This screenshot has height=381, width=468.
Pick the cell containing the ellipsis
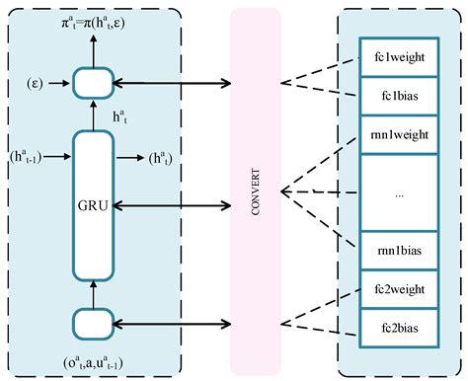pyautogui.click(x=399, y=194)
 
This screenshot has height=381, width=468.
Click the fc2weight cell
pyautogui.click(x=399, y=289)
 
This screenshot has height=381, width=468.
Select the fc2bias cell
pyautogui.click(x=399, y=327)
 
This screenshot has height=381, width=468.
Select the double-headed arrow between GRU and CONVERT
pyautogui.click(x=174, y=205)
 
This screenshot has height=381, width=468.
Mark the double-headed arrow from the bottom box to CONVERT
pyautogui.click(x=174, y=323)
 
